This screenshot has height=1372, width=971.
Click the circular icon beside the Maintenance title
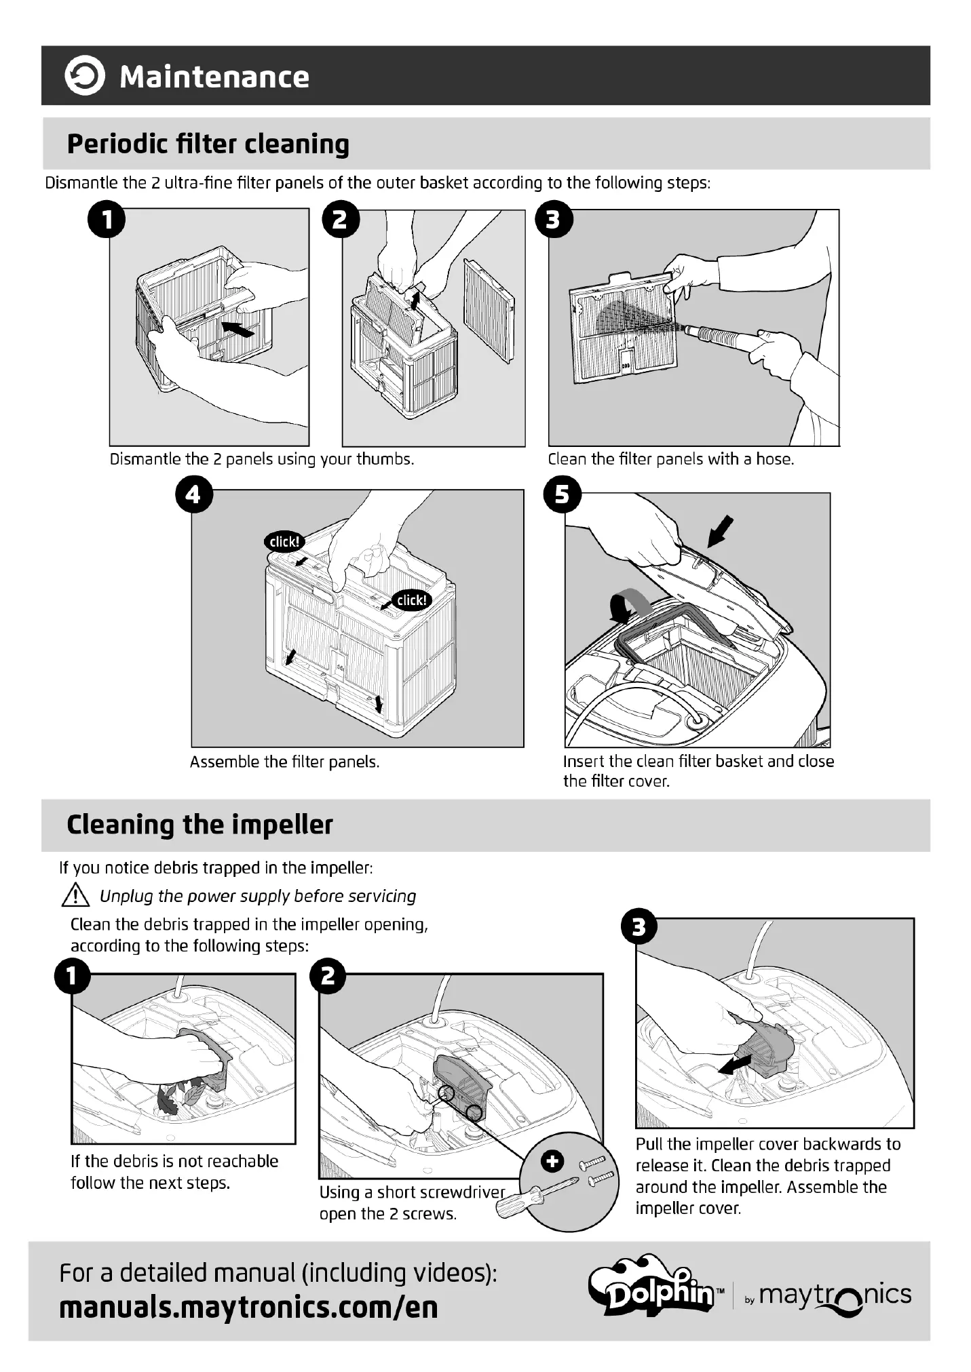tap(85, 76)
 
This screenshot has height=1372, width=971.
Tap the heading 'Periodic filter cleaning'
tap(208, 144)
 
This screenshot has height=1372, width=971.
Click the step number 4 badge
tap(193, 494)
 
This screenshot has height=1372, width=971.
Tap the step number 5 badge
tap(563, 494)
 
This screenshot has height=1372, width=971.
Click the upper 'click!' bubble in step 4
tap(284, 541)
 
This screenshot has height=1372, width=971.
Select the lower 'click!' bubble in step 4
tap(411, 600)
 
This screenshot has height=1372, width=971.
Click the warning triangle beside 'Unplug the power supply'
tap(75, 897)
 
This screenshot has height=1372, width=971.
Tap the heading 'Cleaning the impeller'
tap(199, 825)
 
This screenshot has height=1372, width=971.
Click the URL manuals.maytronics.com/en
tap(248, 1307)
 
